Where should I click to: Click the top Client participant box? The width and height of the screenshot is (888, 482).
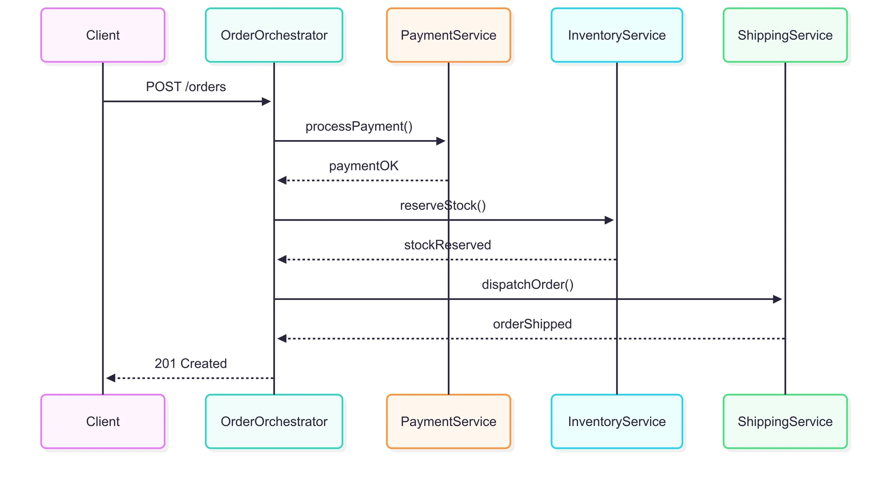click(x=103, y=35)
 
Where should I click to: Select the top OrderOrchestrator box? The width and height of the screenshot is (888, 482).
click(x=274, y=35)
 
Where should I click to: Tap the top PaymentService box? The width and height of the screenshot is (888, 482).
click(x=448, y=35)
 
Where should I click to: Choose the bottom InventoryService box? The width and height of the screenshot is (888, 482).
click(x=617, y=421)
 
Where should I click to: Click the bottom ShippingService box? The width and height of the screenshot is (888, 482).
click(x=785, y=421)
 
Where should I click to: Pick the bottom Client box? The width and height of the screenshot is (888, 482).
click(x=103, y=421)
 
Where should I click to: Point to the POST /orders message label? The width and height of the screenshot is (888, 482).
click(x=186, y=87)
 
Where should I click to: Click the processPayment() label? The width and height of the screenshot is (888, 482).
click(x=359, y=126)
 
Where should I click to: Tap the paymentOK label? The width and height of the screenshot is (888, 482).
click(x=364, y=166)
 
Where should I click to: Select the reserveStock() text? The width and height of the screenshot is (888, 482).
click(x=443, y=205)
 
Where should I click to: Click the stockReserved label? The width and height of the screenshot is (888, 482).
click(x=447, y=245)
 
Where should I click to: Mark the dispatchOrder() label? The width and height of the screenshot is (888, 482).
click(x=527, y=284)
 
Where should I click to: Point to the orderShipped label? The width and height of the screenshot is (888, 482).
click(x=532, y=324)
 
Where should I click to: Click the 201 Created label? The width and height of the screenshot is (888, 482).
click(x=190, y=363)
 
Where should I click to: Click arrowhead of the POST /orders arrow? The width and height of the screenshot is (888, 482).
click(x=266, y=102)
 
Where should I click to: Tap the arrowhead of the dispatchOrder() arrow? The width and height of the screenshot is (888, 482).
click(x=778, y=299)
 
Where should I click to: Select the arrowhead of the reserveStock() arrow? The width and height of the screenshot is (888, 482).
click(x=609, y=220)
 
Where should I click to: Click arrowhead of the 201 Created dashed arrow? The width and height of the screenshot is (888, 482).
click(x=110, y=378)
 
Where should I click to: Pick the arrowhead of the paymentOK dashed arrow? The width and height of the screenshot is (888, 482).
click(x=282, y=181)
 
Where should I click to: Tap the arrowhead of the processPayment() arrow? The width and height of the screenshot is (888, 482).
click(x=441, y=141)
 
